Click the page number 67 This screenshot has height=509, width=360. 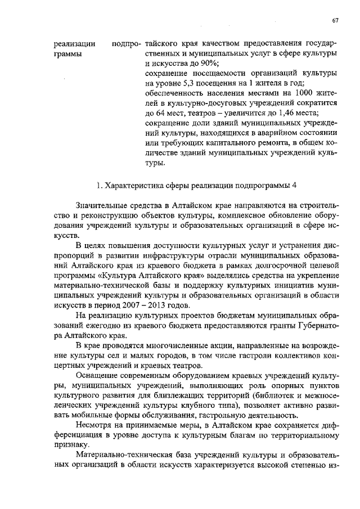click(x=335, y=20)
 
